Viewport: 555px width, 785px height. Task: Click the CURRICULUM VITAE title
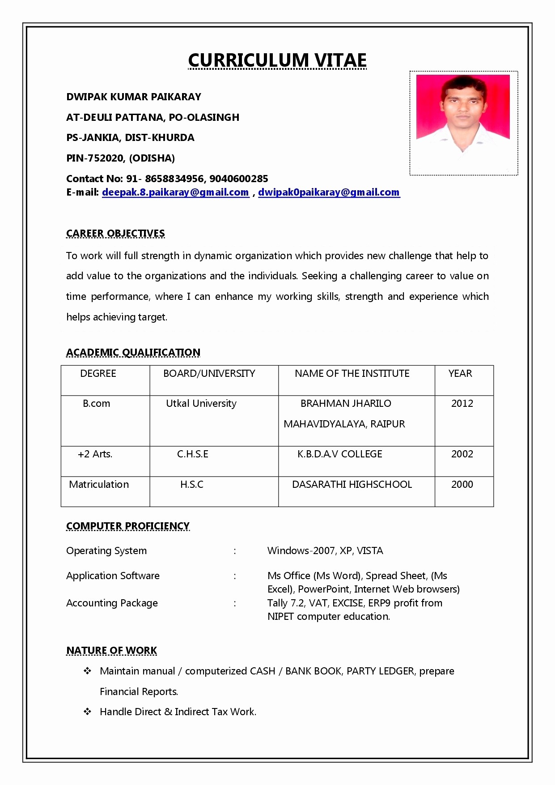click(x=277, y=60)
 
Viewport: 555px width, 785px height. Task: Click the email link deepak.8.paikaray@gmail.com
click(x=175, y=192)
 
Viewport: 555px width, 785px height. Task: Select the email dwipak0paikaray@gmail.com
click(x=329, y=192)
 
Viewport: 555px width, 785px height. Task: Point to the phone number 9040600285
click(x=239, y=179)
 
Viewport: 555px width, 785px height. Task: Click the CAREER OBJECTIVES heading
click(x=115, y=233)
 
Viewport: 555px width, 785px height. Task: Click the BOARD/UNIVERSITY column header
click(x=209, y=373)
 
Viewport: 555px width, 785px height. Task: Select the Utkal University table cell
click(x=201, y=403)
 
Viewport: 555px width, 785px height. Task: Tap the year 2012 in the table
click(x=462, y=403)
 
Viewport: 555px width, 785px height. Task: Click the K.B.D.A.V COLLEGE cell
click(x=339, y=454)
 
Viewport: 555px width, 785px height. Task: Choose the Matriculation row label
click(x=99, y=484)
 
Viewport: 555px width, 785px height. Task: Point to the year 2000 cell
click(x=462, y=484)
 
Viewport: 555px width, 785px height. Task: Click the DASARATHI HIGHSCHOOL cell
click(x=352, y=484)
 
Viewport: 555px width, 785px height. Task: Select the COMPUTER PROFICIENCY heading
click(x=128, y=526)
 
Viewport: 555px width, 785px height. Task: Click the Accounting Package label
click(x=112, y=603)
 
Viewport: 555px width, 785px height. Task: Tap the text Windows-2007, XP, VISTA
click(x=325, y=550)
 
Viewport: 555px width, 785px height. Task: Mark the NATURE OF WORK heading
click(x=112, y=650)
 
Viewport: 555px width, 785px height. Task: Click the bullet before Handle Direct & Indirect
click(x=87, y=712)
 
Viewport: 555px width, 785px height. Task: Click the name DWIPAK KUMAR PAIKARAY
click(x=134, y=97)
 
